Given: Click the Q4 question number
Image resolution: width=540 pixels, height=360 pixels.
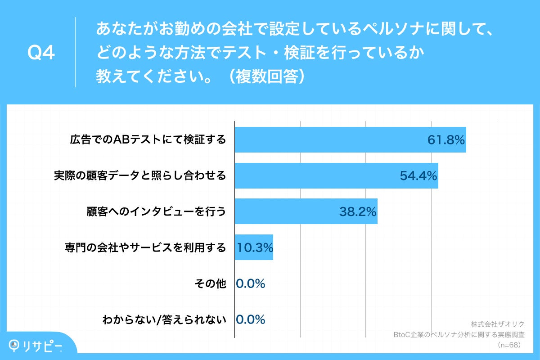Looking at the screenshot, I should click(x=41, y=53).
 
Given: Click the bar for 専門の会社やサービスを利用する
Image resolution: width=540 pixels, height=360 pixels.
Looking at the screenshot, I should click(x=254, y=247).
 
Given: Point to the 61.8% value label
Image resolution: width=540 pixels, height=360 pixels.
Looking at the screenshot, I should click(x=445, y=140).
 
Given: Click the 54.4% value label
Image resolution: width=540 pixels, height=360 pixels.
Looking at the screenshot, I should click(x=418, y=175).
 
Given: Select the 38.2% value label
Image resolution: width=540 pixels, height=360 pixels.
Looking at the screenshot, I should click(x=358, y=211).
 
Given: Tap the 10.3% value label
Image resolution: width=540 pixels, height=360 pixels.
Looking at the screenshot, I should click(x=254, y=247).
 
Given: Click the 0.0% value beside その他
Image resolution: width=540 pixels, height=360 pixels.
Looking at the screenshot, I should click(x=251, y=283).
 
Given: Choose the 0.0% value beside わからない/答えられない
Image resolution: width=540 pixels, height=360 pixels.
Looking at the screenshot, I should click(x=251, y=319).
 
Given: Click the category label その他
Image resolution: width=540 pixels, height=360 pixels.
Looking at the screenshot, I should click(x=210, y=283).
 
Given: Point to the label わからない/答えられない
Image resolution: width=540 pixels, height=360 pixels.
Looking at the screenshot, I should click(x=164, y=319).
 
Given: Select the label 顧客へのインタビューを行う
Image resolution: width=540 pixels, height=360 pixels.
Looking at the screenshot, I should click(x=156, y=211).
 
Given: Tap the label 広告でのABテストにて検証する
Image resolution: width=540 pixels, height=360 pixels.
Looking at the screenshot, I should click(x=148, y=140).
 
